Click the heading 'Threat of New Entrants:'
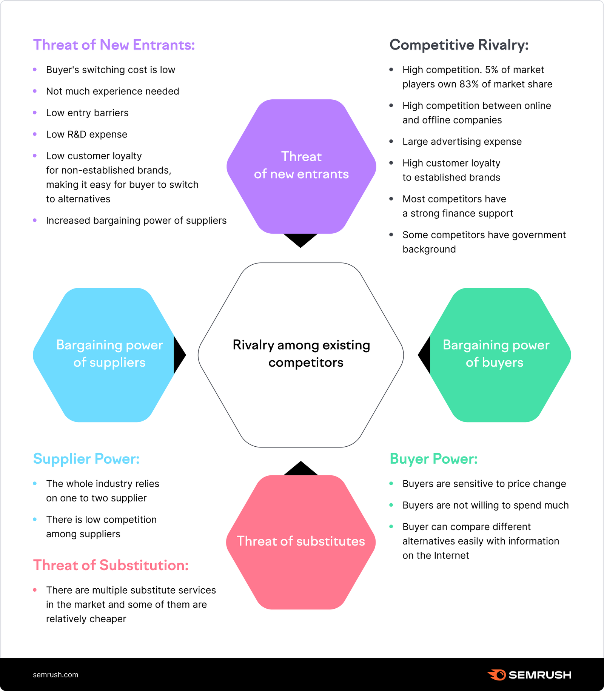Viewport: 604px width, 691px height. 114,45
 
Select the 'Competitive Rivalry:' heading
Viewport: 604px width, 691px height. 459,45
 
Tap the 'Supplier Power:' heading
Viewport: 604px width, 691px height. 86,459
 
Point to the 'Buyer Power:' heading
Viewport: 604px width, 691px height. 433,459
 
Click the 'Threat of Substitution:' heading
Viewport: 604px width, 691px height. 111,565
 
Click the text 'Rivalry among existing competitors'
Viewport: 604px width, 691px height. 301,354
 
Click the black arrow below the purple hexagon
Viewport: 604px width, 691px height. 300,240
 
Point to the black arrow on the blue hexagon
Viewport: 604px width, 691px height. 179,355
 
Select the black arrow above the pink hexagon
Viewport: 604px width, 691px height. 300,469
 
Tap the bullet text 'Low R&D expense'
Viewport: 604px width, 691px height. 86,134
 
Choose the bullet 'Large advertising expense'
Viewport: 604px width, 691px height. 462,142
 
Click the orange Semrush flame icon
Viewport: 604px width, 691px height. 496,675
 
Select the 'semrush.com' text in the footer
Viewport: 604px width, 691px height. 55,675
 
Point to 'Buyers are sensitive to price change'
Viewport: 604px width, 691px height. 484,484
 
